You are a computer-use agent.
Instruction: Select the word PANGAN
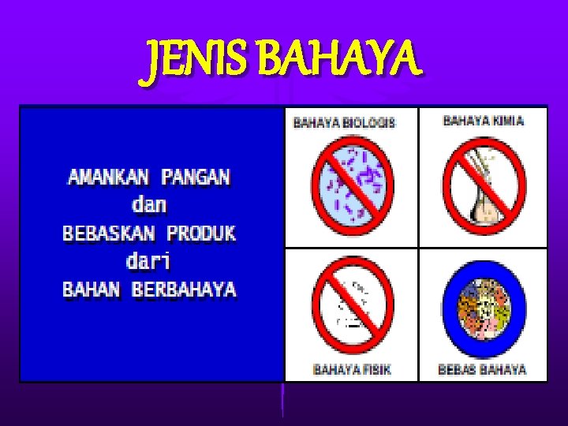tap(196, 176)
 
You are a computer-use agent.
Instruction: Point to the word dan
tap(149, 204)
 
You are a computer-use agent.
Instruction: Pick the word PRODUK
tap(201, 234)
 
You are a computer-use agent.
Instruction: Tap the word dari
tap(149, 260)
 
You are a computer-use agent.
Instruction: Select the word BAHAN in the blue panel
tap(92, 290)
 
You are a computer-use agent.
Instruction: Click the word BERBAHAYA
tap(184, 290)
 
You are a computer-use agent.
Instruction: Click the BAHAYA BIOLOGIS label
tap(344, 122)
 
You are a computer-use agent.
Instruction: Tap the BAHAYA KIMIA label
tap(484, 121)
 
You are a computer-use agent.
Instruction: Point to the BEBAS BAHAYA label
tap(482, 368)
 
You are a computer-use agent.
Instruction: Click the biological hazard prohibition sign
tap(353, 186)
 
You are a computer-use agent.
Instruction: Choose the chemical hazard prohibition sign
tap(483, 186)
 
